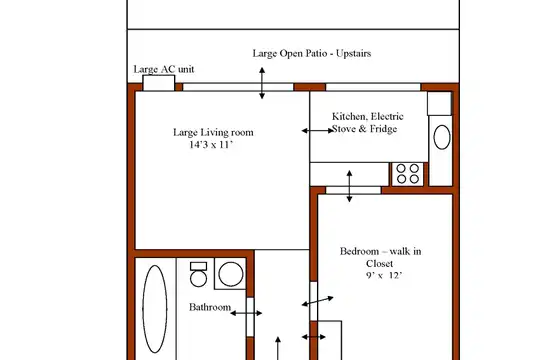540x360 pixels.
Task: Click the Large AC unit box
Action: [x=159, y=83]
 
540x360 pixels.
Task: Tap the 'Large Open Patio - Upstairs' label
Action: [x=312, y=53]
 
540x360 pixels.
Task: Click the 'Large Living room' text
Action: [x=213, y=132]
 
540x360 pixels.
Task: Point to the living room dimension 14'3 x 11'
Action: [x=211, y=145]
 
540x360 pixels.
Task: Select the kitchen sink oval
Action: [x=442, y=137]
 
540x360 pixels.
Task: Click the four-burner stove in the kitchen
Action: [x=408, y=174]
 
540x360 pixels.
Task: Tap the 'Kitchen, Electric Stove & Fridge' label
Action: [x=366, y=123]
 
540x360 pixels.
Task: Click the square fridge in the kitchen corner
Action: [x=439, y=103]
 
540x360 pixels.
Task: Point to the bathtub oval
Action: [x=155, y=309]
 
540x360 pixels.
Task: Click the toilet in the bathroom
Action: [x=198, y=275]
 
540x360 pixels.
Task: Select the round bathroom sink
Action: [x=231, y=274]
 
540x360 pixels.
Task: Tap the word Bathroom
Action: [x=210, y=307]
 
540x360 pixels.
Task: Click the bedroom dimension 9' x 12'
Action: [x=384, y=276]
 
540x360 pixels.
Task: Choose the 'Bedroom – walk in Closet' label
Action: [x=380, y=257]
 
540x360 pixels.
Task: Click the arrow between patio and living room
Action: [x=262, y=83]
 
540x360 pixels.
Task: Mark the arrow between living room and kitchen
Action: [x=318, y=131]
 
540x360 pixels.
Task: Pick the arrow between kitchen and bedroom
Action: [x=350, y=186]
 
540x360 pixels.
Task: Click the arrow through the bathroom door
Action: [x=246, y=313]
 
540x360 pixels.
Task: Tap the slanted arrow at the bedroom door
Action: [x=318, y=301]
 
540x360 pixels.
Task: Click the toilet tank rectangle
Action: [x=198, y=266]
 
